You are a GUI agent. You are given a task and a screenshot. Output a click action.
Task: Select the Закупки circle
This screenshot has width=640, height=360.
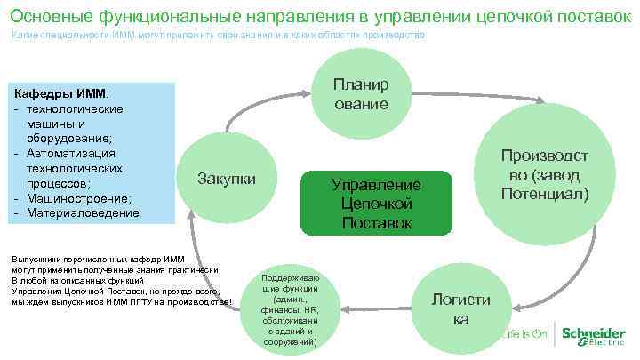[x=227, y=177]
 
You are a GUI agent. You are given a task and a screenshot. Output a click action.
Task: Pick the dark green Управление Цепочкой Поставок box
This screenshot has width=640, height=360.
[x=376, y=203]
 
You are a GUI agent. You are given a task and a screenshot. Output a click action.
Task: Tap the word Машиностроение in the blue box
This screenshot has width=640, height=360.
[x=79, y=197]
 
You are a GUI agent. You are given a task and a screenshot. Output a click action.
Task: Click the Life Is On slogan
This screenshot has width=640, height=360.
[x=523, y=335]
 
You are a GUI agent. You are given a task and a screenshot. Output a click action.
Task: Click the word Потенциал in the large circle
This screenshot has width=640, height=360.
[x=544, y=192]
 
